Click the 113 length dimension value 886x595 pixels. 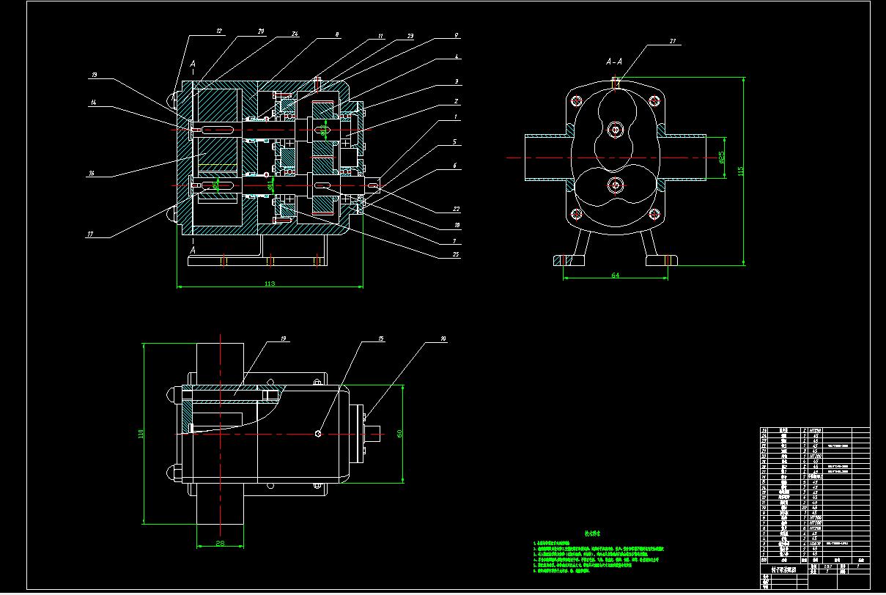click(269, 284)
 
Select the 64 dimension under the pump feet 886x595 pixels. click(616, 275)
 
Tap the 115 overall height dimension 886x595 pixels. click(740, 171)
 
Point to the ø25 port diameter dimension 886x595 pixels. click(721, 156)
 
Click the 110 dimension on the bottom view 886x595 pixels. click(141, 434)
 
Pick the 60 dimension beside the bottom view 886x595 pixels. click(399, 432)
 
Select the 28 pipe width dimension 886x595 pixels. click(221, 542)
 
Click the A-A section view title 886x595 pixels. click(614, 62)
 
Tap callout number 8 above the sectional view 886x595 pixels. click(337, 34)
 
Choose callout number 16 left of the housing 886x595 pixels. click(92, 174)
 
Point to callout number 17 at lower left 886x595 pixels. click(90, 234)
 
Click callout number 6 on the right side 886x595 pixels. click(454, 166)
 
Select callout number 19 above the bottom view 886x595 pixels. click(283, 339)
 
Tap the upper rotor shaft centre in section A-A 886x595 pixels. click(615, 130)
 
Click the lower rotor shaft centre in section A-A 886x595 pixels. click(615, 183)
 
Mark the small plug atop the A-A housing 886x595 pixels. click(616, 83)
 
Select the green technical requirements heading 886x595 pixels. click(592, 534)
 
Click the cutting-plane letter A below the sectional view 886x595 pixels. click(193, 250)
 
